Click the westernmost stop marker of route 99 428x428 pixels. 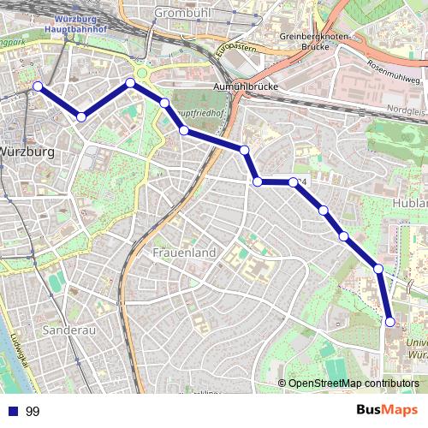38,86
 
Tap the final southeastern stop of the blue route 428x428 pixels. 390,322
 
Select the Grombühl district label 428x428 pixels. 185,14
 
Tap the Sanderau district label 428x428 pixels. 66,328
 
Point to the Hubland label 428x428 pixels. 409,203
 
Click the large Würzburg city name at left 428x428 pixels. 28,152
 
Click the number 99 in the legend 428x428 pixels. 33,412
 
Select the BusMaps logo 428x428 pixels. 387,410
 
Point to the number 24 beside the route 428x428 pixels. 302,181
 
